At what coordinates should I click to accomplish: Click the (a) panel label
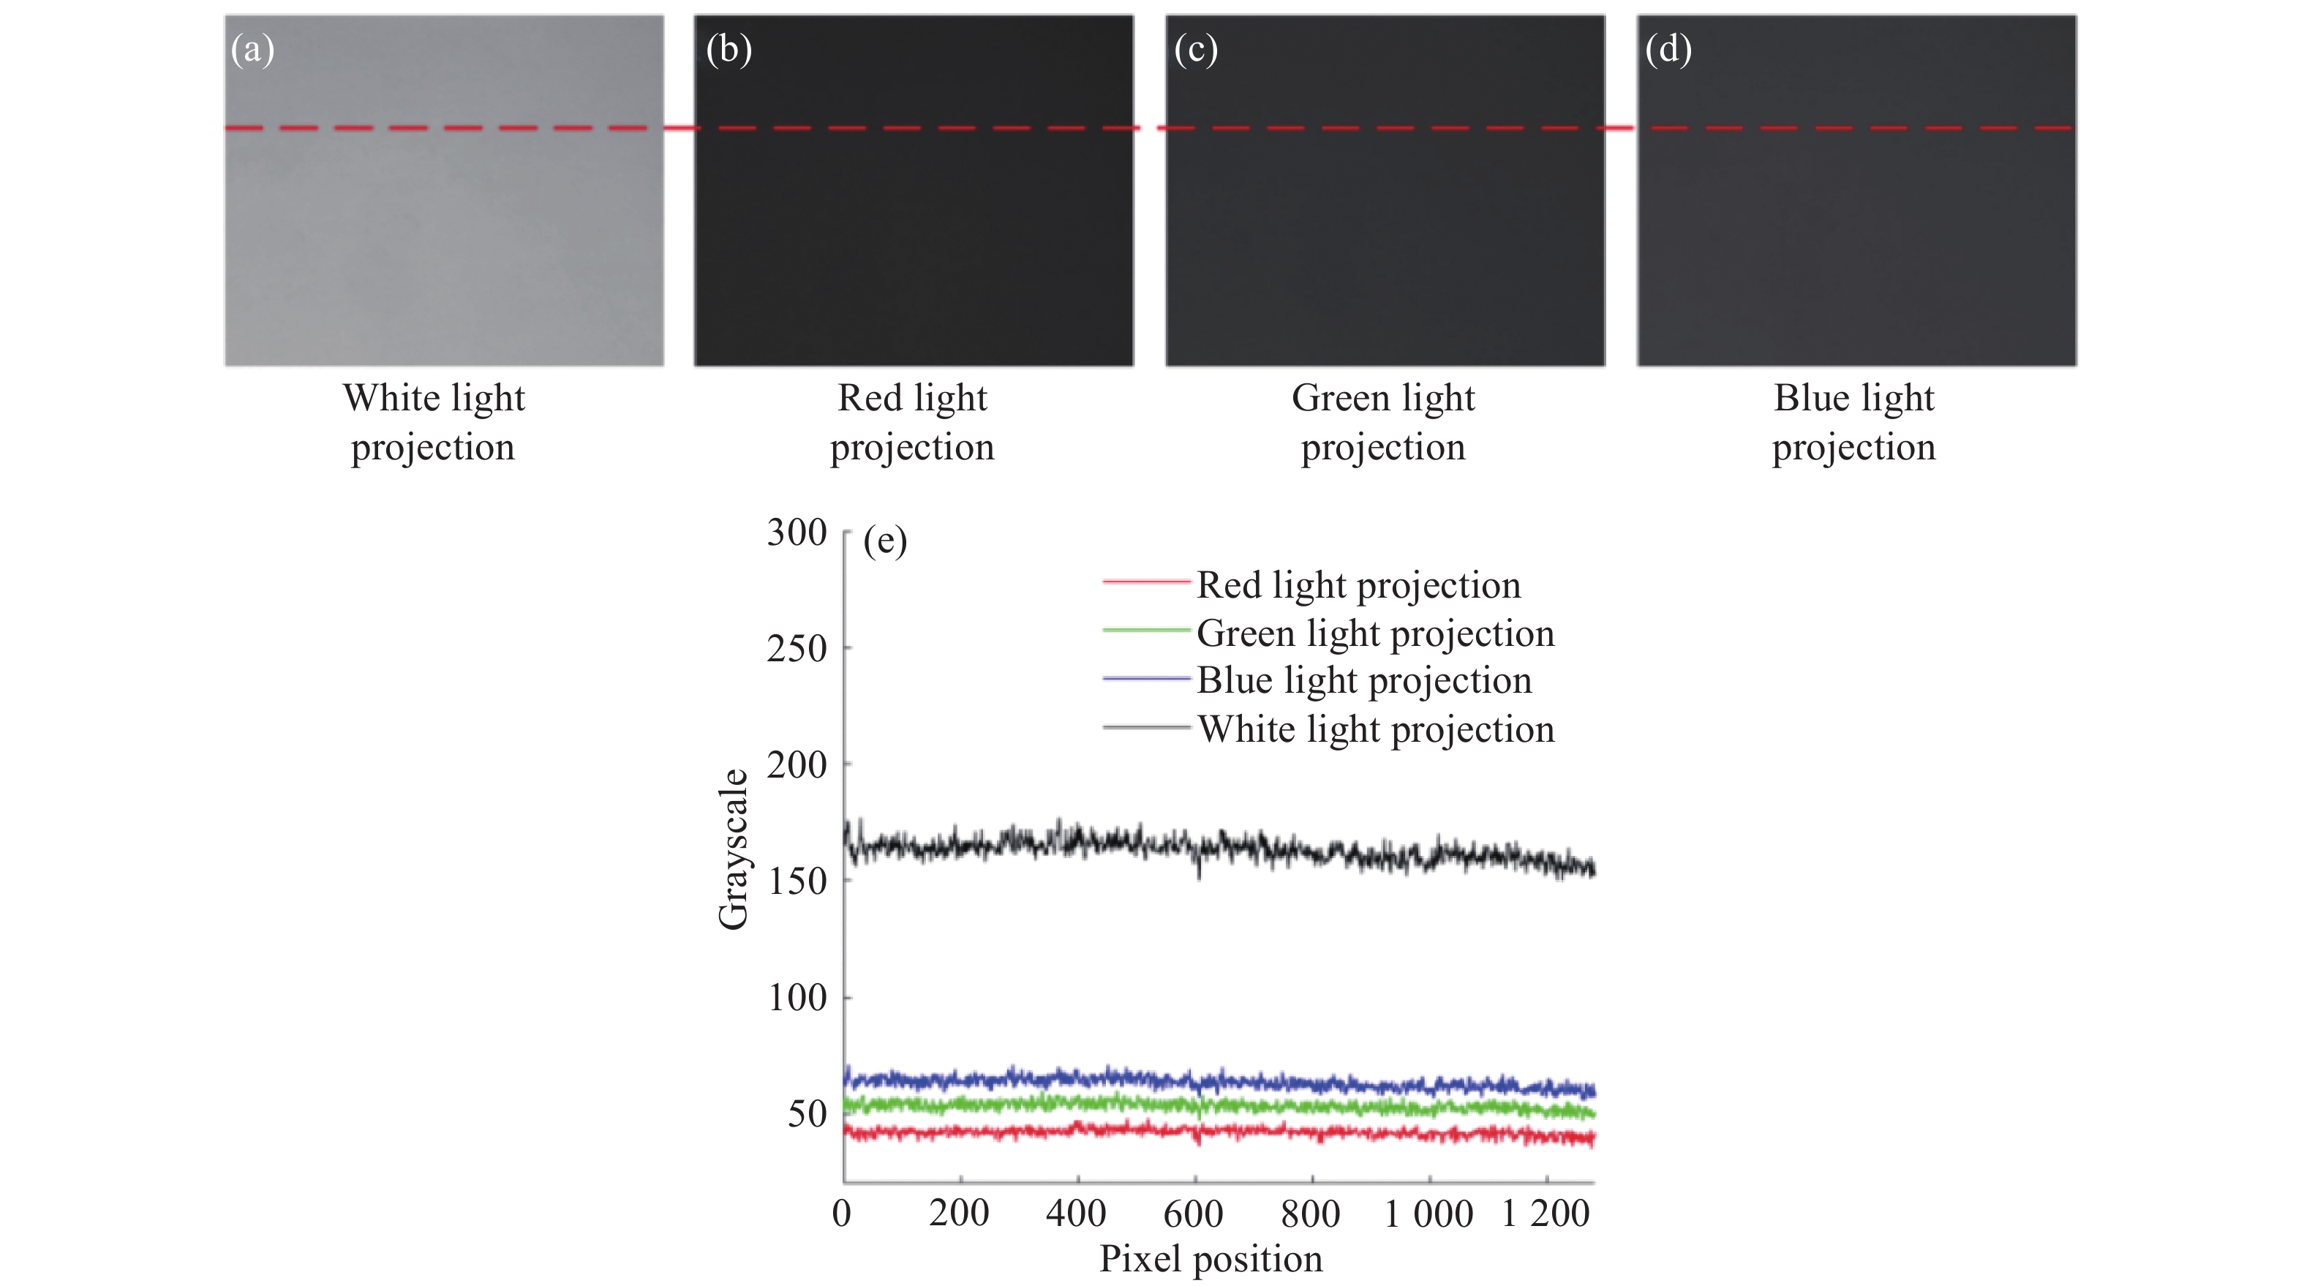click(252, 49)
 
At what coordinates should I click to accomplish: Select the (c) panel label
click(1196, 49)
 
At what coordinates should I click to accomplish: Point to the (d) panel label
click(1668, 49)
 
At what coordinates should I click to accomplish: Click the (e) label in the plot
click(884, 541)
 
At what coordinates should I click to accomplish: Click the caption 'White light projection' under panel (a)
click(434, 422)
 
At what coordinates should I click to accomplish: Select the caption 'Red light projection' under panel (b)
click(912, 422)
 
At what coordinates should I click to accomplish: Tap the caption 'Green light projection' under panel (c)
click(1382, 422)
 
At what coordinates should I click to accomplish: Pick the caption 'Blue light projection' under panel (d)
click(1854, 422)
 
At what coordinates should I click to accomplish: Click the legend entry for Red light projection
click(1358, 585)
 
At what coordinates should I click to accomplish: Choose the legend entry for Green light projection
click(1374, 633)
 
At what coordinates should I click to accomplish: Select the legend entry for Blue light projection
click(1364, 680)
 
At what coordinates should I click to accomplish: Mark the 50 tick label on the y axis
click(807, 1114)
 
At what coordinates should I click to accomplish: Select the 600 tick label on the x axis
click(1193, 1214)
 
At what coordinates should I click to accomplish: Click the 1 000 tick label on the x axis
click(1428, 1214)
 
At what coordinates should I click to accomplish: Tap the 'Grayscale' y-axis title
click(734, 849)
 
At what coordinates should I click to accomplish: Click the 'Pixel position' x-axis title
click(1210, 1259)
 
